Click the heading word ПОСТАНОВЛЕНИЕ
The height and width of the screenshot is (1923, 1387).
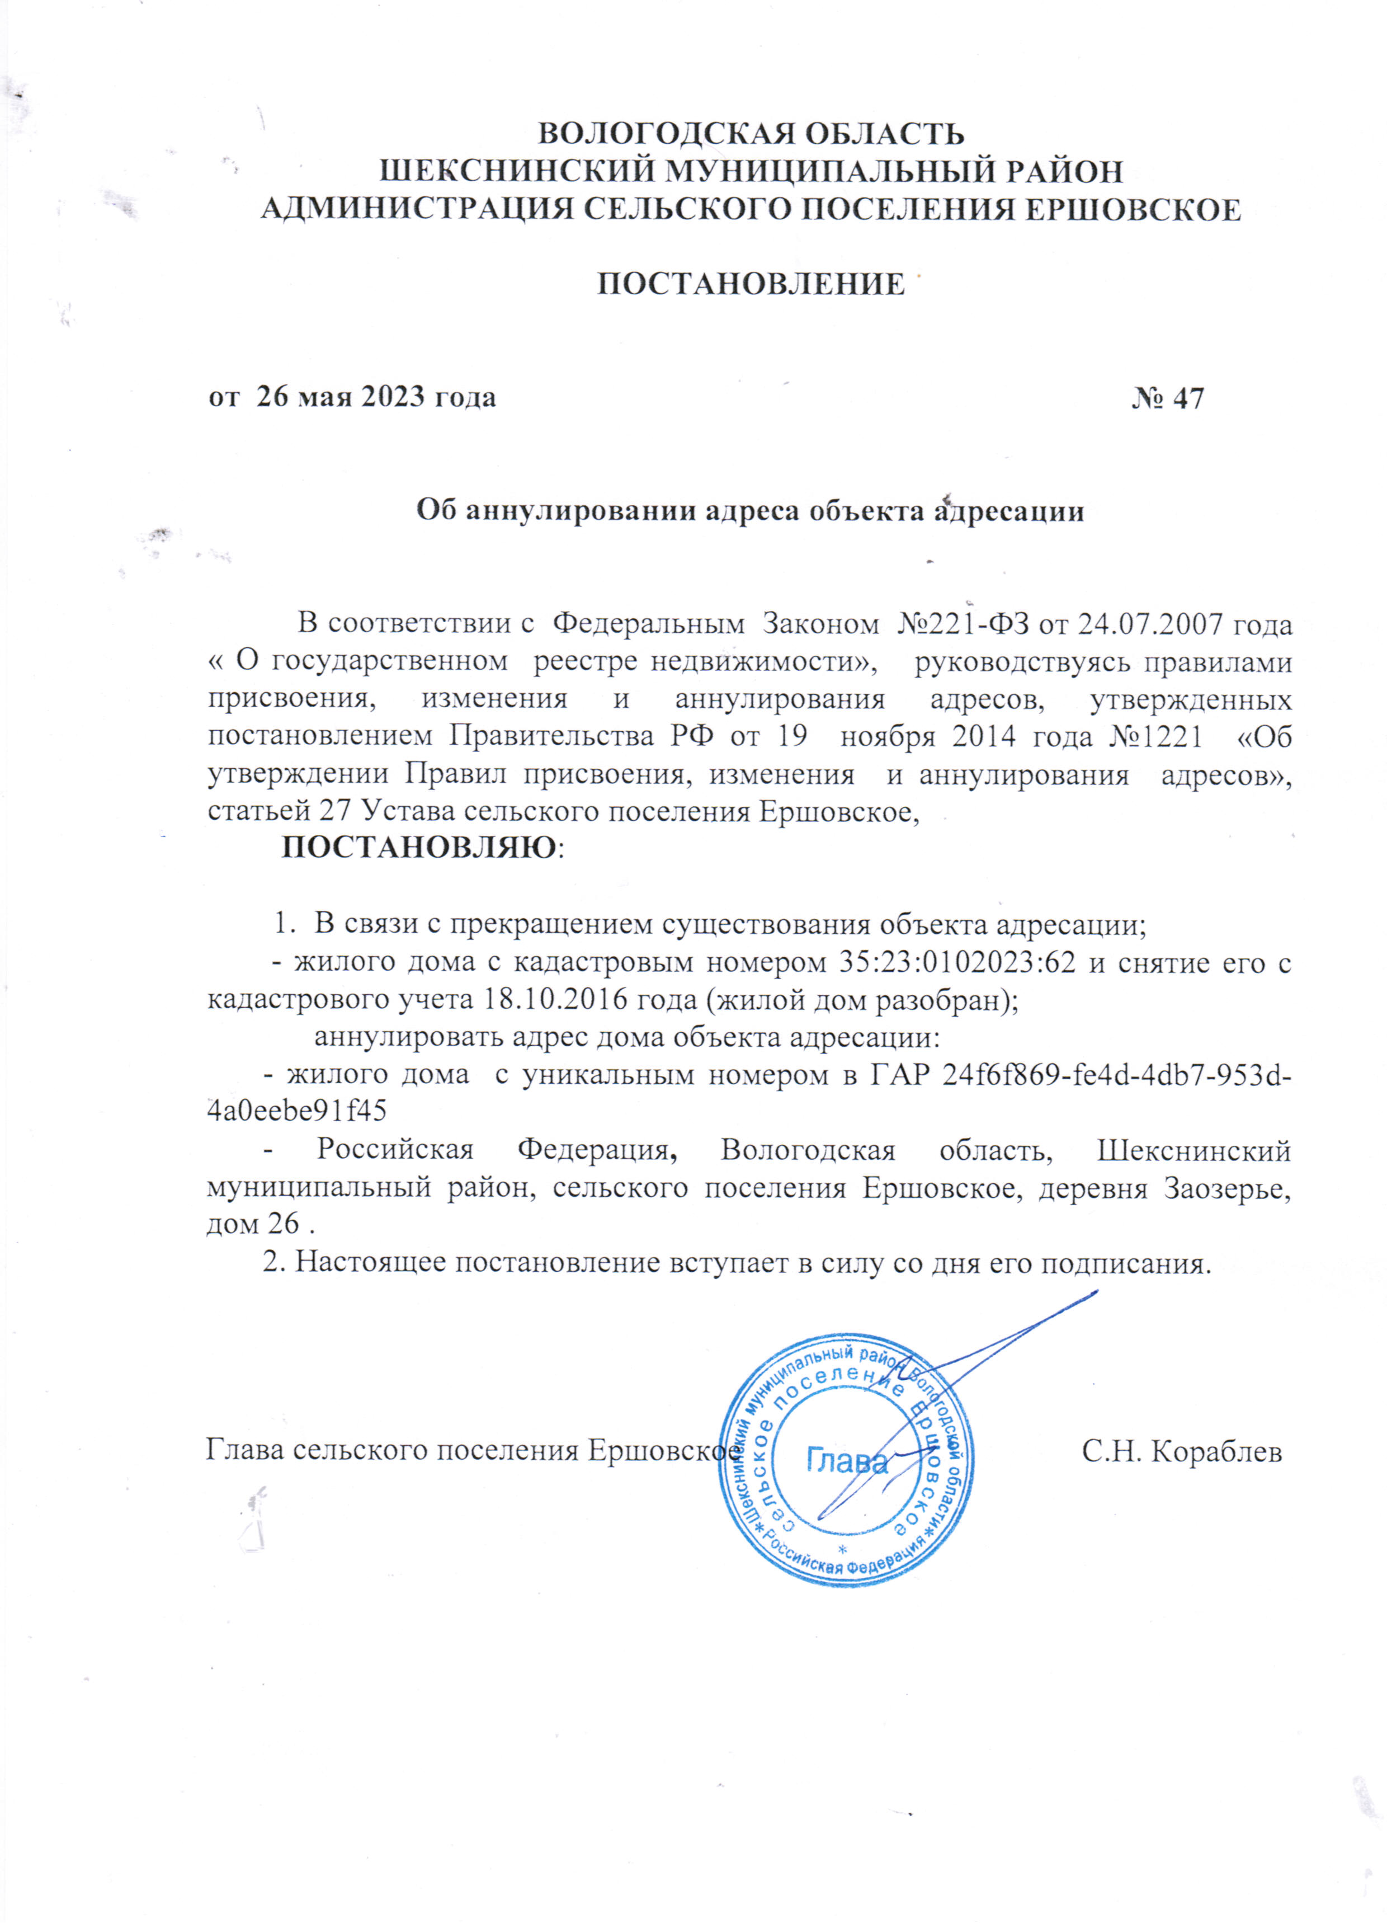(751, 283)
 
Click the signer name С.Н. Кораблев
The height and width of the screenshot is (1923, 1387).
(1181, 1451)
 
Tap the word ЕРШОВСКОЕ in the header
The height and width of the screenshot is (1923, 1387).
(1133, 209)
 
